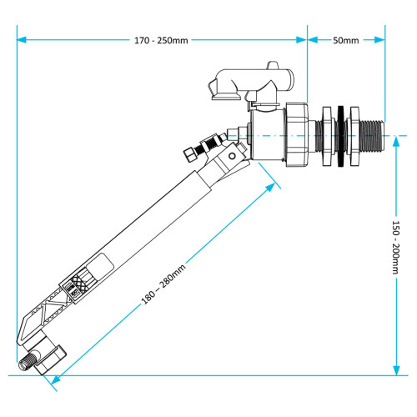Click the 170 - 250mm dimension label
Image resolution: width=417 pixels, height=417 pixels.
coord(160,40)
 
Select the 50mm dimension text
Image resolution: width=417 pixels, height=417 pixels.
coord(345,40)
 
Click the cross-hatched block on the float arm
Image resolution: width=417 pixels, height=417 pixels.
coord(80,284)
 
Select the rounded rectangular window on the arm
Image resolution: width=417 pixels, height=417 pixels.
coord(99,267)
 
